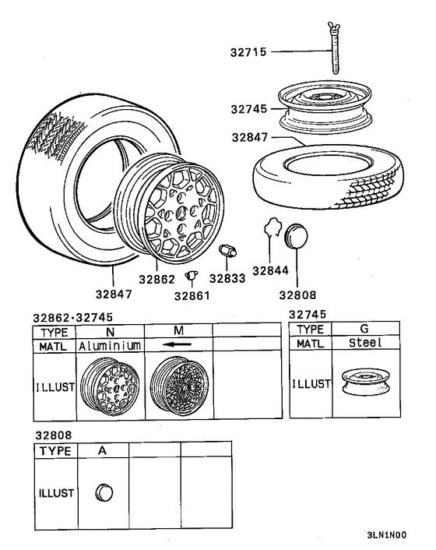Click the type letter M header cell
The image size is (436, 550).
pyautogui.click(x=178, y=331)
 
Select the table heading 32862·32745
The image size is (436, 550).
pyautogui.click(x=68, y=318)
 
